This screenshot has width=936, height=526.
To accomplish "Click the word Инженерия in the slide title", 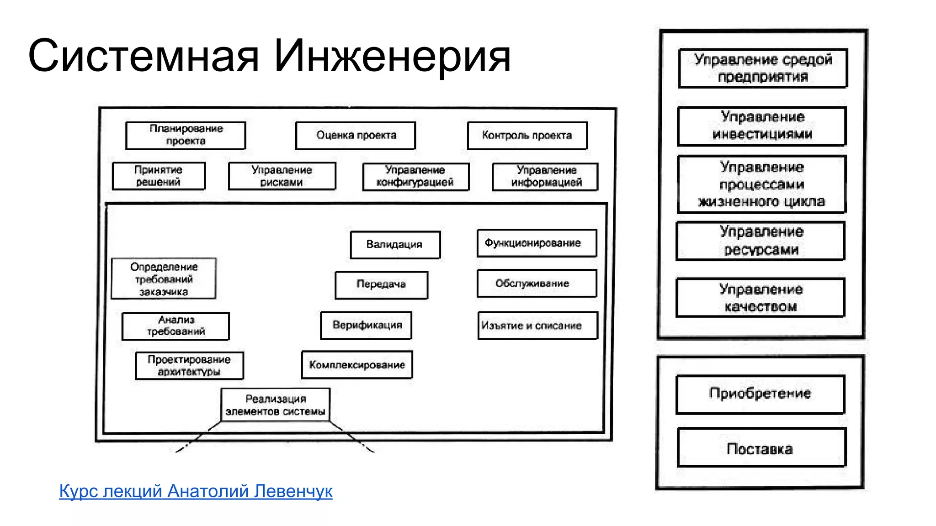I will (392, 56).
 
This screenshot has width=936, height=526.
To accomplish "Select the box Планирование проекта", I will (186, 135).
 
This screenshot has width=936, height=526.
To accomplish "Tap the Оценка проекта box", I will (356, 135).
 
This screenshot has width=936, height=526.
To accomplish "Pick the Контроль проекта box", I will (527, 135).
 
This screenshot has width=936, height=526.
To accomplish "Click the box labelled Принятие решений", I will (159, 176).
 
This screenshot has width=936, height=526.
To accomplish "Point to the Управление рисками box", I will (282, 176).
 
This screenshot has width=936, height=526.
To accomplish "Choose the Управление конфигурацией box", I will (415, 176).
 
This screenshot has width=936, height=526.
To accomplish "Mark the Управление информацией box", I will (545, 176).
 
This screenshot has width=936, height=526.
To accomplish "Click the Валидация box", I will (395, 245).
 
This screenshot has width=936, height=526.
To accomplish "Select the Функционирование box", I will (537, 243).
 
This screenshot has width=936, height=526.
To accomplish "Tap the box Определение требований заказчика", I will (164, 279).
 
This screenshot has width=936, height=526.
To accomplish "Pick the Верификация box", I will (366, 325).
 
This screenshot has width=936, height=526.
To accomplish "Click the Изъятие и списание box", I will (537, 326).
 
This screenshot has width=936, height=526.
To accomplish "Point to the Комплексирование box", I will (357, 365).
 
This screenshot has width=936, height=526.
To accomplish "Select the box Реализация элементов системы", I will (276, 405).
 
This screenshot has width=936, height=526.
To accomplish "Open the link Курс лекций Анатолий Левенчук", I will (196, 491).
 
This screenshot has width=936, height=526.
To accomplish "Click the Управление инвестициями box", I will (762, 126).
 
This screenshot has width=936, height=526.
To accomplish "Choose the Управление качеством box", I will (760, 298).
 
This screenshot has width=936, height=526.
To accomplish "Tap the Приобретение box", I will (760, 394).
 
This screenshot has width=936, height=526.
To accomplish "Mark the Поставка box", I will (761, 447).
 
